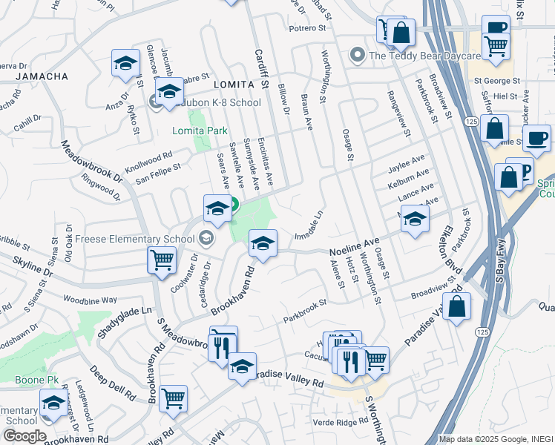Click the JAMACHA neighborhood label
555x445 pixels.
(x=42, y=76)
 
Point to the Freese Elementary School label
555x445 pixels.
(x=137, y=239)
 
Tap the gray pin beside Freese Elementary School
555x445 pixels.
(x=207, y=238)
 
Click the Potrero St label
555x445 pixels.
(x=308, y=29)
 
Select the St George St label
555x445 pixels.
(x=499, y=80)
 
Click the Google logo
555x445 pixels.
(x=24, y=436)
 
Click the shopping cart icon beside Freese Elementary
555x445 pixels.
(x=161, y=260)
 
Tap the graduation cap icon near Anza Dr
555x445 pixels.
(x=125, y=64)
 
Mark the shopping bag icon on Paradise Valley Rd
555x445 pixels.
(x=456, y=306)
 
